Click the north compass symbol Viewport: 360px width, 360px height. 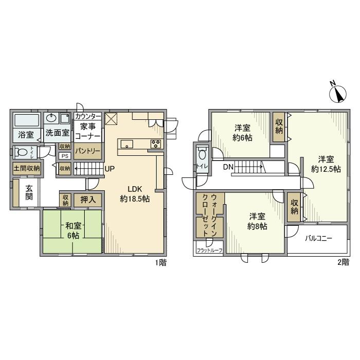(338, 93)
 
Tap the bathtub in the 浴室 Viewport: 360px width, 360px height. (27, 120)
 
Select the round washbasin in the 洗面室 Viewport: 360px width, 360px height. (51, 118)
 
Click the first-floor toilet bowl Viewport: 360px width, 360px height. (22, 152)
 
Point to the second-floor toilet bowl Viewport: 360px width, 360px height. (202, 155)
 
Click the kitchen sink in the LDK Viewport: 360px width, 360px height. (127, 145)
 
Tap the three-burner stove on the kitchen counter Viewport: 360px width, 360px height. (156, 145)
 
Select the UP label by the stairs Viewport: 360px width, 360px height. (110, 169)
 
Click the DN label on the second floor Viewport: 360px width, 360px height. (228, 167)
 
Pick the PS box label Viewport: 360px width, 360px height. (65, 156)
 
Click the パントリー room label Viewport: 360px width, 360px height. (88, 151)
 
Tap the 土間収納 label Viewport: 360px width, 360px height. (27, 169)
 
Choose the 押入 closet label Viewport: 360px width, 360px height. (88, 200)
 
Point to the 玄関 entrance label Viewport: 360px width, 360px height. (29, 192)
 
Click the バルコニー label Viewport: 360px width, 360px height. (318, 239)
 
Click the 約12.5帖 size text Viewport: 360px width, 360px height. (326, 169)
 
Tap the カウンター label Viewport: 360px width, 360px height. (88, 116)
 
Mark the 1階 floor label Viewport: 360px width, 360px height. (160, 262)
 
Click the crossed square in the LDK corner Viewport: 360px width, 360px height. (111, 119)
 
